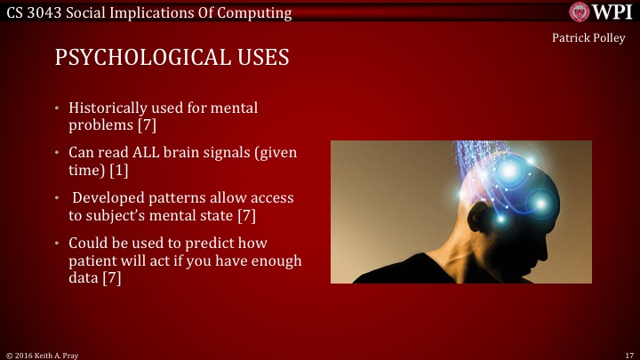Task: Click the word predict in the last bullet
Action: pos(195,242)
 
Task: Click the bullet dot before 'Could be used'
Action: pos(59,243)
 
